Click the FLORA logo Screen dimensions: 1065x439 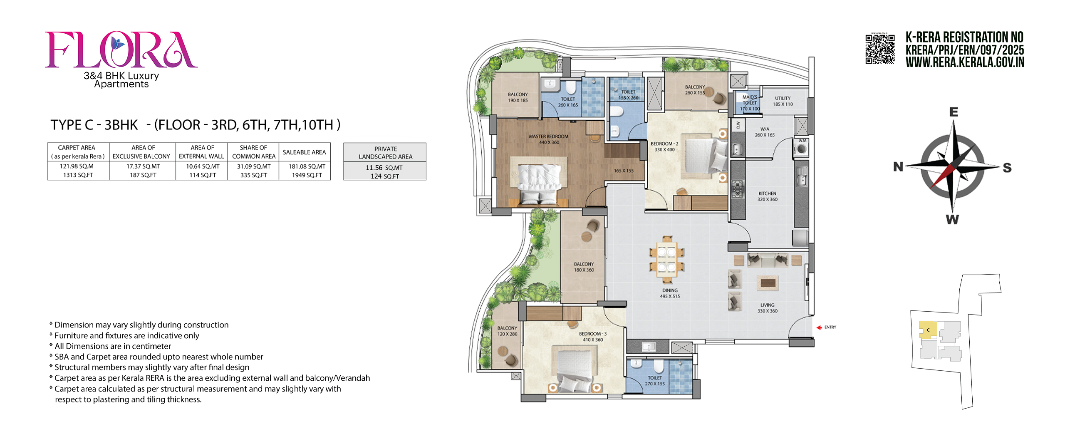[x=121, y=50]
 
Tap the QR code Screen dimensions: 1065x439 [x=880, y=49]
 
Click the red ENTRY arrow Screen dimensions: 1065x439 [x=819, y=327]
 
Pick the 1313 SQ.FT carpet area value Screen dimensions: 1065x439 [x=78, y=175]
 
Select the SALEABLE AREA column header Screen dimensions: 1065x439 [x=305, y=152]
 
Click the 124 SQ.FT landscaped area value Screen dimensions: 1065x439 [x=385, y=176]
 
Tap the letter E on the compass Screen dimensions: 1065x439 [x=954, y=112]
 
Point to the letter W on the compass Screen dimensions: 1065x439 [x=952, y=219]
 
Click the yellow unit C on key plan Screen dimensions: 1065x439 [x=928, y=330]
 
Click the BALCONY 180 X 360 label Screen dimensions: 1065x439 [x=584, y=267]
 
